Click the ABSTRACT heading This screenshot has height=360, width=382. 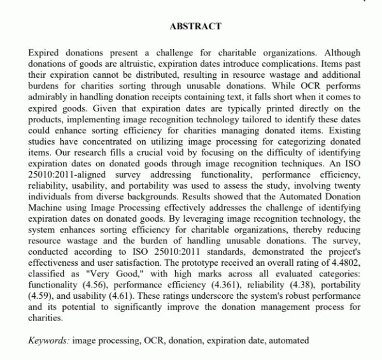[x=195, y=26]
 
